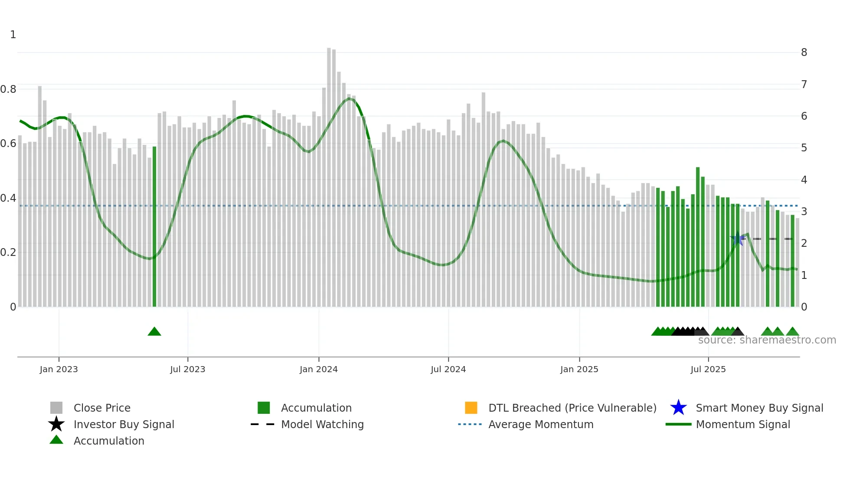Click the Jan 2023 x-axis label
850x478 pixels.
[59, 369]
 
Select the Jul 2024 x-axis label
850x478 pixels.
[448, 369]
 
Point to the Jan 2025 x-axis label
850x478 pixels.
[579, 369]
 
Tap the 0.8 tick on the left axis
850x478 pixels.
[8, 89]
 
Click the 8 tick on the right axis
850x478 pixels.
[804, 52]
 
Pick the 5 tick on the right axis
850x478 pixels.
[804, 148]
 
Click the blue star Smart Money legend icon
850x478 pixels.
[678, 408]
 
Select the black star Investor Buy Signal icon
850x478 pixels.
[56, 424]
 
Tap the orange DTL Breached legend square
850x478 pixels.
[471, 408]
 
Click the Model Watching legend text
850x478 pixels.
[322, 424]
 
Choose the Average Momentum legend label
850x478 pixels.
[541, 424]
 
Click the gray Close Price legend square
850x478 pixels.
[56, 408]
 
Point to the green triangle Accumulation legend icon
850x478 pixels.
[56, 440]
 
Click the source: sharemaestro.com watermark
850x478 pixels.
[767, 340]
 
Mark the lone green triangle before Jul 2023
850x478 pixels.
[154, 332]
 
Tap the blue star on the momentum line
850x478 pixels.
[737, 239]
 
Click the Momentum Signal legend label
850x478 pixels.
[743, 424]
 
